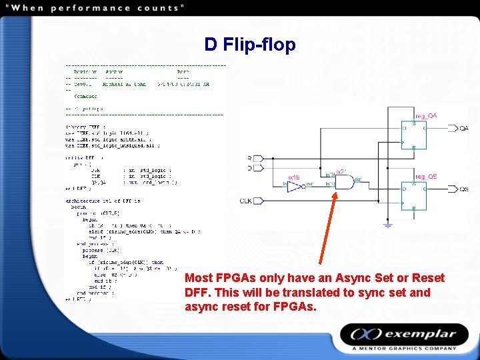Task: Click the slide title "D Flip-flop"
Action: tap(250, 45)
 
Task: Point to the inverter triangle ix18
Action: tap(295, 189)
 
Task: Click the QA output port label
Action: tap(463, 128)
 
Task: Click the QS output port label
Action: tap(463, 189)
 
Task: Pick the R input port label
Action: tap(249, 158)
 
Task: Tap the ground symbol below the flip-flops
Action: tap(387, 225)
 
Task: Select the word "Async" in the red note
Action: tap(349, 278)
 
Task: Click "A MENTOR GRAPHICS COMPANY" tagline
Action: tap(404, 348)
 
